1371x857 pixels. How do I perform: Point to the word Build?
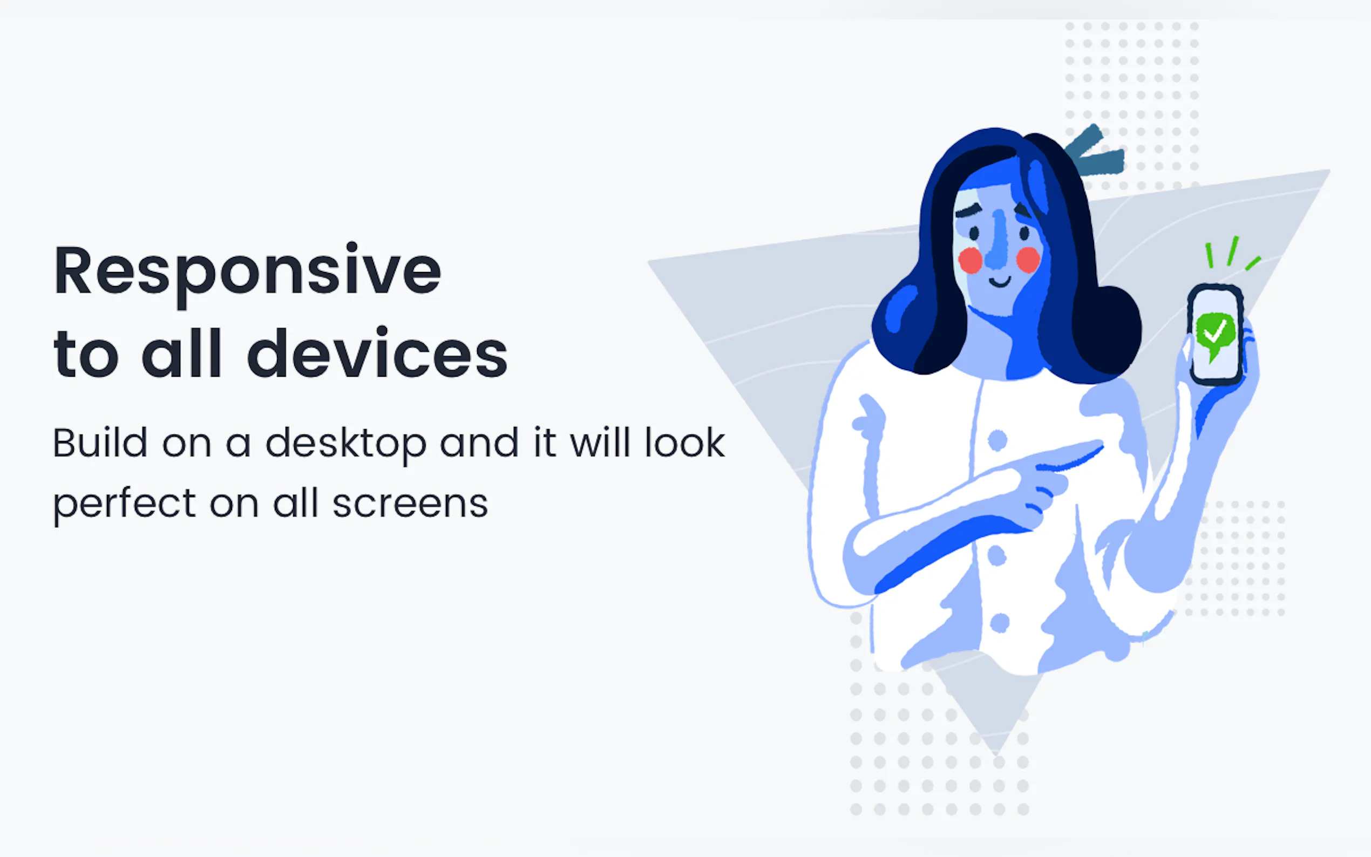tap(100, 443)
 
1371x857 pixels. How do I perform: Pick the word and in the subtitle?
tap(479, 443)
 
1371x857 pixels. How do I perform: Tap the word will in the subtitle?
tap(600, 443)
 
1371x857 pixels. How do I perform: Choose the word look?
tap(684, 443)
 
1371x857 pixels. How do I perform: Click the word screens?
tap(410, 504)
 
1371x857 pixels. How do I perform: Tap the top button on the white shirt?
tap(997, 440)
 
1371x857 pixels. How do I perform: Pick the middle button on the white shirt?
tap(997, 556)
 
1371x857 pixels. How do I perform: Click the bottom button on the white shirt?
tap(999, 622)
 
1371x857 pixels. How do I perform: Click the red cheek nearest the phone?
tap(1028, 260)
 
